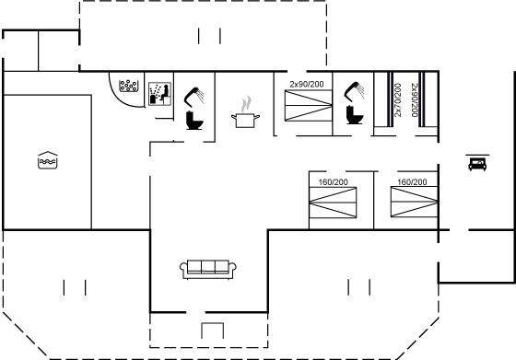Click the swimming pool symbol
tap(48, 160)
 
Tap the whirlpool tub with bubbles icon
tap(129, 86)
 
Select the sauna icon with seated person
tap(159, 94)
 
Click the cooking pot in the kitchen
tap(245, 120)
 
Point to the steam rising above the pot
tap(246, 104)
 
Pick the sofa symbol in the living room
tap(208, 269)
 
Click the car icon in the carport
tap(477, 164)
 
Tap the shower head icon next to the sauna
tap(194, 97)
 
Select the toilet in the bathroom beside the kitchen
tap(194, 121)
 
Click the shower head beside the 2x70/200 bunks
tap(354, 91)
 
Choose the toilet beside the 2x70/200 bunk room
tap(355, 115)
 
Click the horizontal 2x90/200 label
tap(307, 85)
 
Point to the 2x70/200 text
tap(398, 100)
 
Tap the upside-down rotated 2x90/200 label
tap(415, 100)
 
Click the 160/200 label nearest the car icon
tap(412, 181)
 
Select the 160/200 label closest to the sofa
tap(333, 181)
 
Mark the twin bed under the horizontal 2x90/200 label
tap(309, 106)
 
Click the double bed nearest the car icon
tap(415, 202)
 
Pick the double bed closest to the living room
tap(333, 203)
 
